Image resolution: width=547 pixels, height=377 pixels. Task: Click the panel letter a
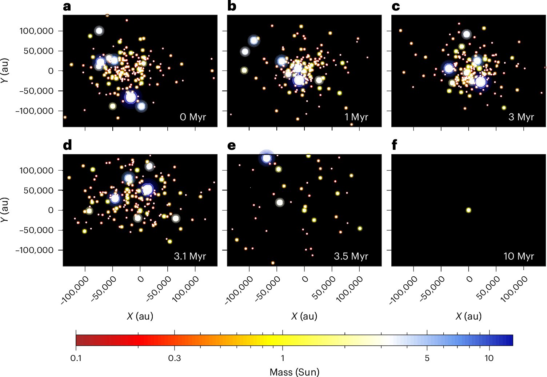pos(67,7)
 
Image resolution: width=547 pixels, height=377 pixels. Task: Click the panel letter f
pos(395,145)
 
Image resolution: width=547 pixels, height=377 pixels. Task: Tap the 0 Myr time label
pos(193,117)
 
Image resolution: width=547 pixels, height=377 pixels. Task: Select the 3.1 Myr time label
pos(190,256)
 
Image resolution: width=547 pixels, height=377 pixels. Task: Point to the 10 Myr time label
pos(519,256)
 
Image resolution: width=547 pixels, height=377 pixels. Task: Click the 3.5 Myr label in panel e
pos(351,256)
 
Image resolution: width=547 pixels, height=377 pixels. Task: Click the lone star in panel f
pos(468,210)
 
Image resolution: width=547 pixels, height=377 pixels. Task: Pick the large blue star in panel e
pos(267,158)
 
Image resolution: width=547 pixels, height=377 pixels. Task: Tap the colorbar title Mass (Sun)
pos(294,372)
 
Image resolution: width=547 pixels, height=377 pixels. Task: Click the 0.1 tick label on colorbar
pos(76,358)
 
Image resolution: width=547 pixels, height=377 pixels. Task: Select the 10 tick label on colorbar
pos(489,358)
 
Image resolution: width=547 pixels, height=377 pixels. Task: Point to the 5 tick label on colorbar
pos(427,358)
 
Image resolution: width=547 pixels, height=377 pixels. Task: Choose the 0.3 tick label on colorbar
pos(174,358)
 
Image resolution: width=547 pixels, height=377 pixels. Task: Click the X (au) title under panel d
pos(140,316)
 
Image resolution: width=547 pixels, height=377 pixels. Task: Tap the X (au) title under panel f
pos(468,316)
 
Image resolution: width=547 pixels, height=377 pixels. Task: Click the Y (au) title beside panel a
pos(5,71)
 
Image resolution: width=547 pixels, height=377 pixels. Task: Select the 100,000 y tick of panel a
pos(36,31)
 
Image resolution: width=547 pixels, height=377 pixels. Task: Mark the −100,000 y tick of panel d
pos(35,250)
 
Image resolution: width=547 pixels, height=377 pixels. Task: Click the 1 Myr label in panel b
pos(356,117)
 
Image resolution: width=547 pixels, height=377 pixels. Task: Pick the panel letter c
pos(396,7)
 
